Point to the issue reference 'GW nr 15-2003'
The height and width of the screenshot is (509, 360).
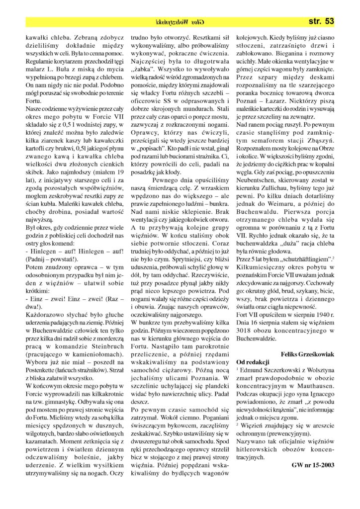tap(312, 466)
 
